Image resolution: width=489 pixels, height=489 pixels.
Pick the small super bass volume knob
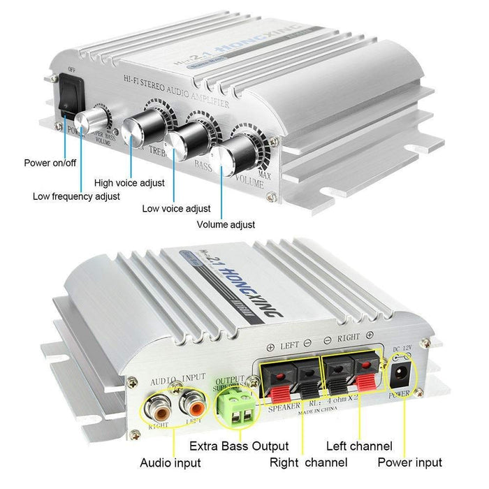[x=92, y=123]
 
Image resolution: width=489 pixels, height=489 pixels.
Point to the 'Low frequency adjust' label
[x=76, y=196]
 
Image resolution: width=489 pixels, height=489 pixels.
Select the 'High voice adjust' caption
[x=129, y=183]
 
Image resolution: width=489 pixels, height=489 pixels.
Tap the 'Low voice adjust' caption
[x=176, y=208]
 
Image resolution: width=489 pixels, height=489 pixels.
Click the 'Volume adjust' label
[x=226, y=225]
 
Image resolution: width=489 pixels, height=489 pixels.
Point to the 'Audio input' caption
[x=170, y=462]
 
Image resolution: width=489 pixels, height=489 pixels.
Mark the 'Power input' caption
[x=410, y=462]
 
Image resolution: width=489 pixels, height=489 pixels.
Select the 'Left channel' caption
[x=359, y=446]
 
